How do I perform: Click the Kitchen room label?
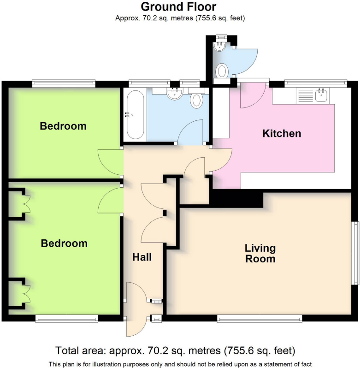tap(282, 134)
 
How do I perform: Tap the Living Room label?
tap(260, 253)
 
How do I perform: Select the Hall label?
tap(142, 257)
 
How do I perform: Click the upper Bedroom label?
tap(63, 126)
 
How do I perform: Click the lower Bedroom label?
tap(64, 243)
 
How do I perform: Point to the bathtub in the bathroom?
tap(135, 115)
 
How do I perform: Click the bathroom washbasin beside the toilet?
tap(175, 94)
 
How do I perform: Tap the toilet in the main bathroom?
tap(197, 100)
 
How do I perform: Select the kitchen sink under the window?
tap(322, 95)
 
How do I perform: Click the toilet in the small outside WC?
tap(222, 71)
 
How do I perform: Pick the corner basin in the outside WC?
tap(218, 46)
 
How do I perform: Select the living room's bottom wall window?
tap(260, 318)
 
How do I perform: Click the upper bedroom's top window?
tap(64, 83)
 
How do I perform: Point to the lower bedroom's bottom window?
tap(67, 318)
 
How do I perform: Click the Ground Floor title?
tap(178, 7)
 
